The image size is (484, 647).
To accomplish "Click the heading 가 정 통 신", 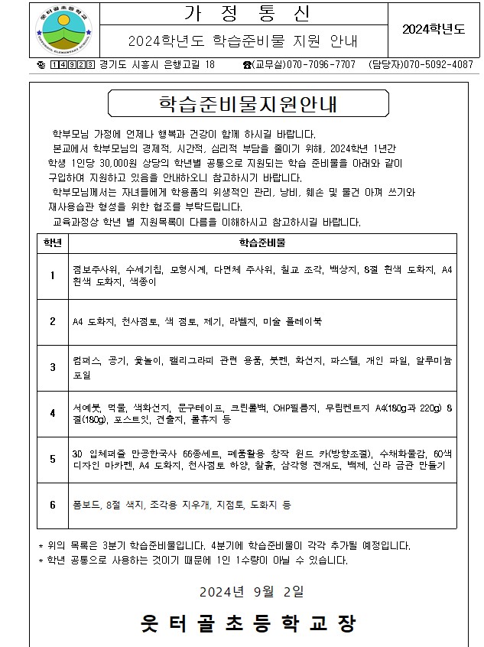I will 244,14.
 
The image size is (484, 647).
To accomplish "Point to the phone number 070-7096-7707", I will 320,65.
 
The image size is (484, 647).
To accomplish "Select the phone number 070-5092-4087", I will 439,65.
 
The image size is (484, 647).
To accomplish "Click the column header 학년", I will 52,242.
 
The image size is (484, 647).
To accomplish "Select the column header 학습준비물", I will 264,242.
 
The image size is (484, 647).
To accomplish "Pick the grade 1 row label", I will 52,275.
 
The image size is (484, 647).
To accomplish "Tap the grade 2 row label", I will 52,321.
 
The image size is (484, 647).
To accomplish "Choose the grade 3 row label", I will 52,367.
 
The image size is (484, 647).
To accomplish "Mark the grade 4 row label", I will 52,413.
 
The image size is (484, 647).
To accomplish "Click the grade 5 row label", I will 52,459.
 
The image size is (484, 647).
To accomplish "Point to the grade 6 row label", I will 52,505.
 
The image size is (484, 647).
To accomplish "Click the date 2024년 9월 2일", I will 252,590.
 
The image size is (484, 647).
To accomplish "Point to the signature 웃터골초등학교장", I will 248,624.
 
